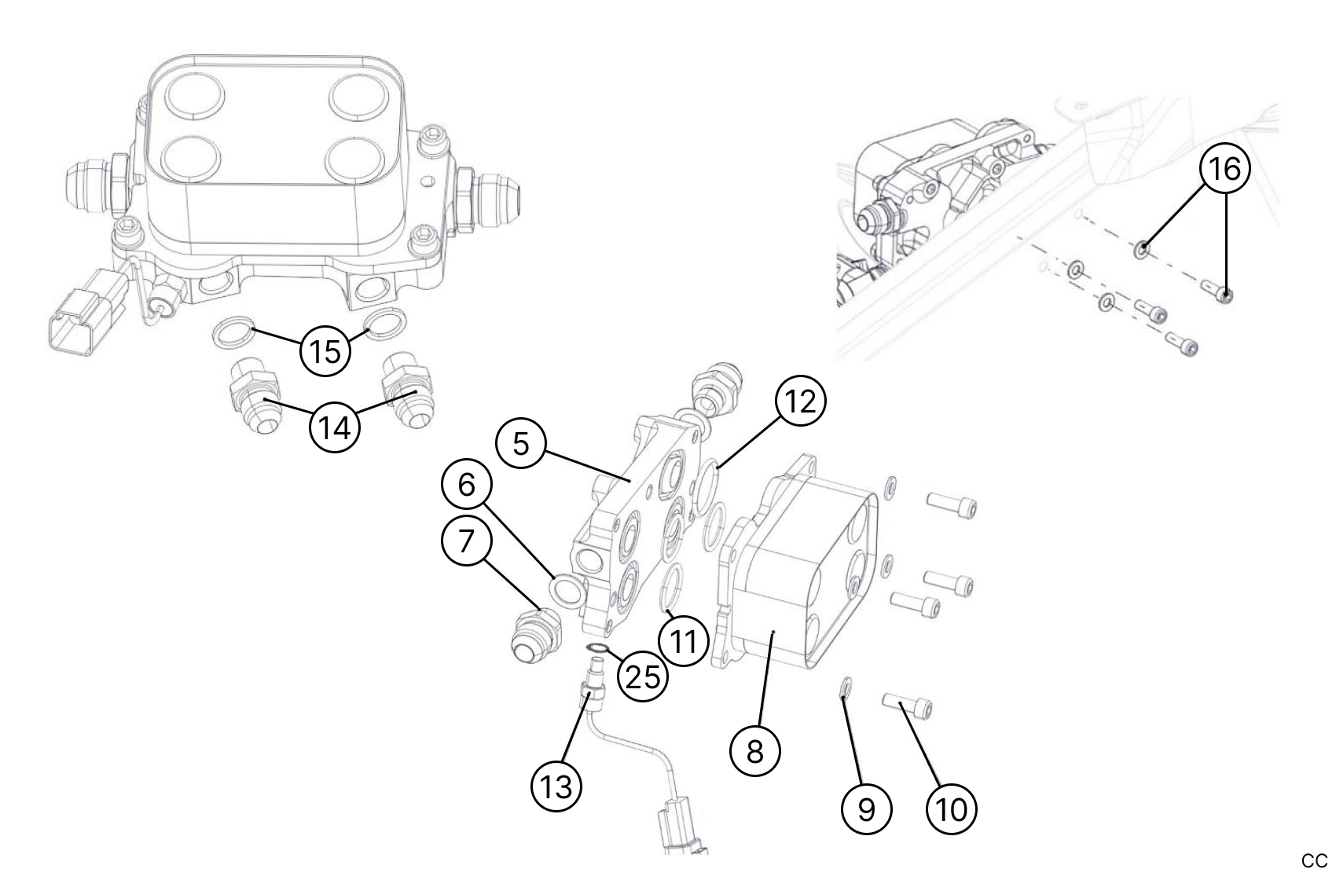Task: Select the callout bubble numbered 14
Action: (x=335, y=428)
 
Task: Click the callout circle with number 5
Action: (x=522, y=444)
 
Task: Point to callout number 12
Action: (x=801, y=401)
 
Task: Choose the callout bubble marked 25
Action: (x=643, y=676)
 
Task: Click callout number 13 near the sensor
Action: (x=556, y=786)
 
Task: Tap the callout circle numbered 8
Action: (x=754, y=751)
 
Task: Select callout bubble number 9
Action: (x=866, y=808)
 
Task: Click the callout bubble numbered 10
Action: (x=952, y=808)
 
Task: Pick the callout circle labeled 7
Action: (x=467, y=541)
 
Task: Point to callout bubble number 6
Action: (x=467, y=485)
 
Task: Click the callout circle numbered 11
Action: (x=682, y=642)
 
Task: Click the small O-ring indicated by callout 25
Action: (x=599, y=647)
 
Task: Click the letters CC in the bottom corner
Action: (x=1314, y=861)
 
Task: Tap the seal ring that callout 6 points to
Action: (x=566, y=591)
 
